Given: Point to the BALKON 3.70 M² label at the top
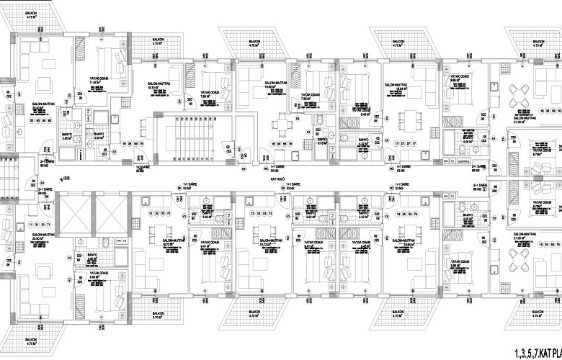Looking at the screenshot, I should point(159,43).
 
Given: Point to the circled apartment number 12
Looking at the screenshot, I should point(150,214).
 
